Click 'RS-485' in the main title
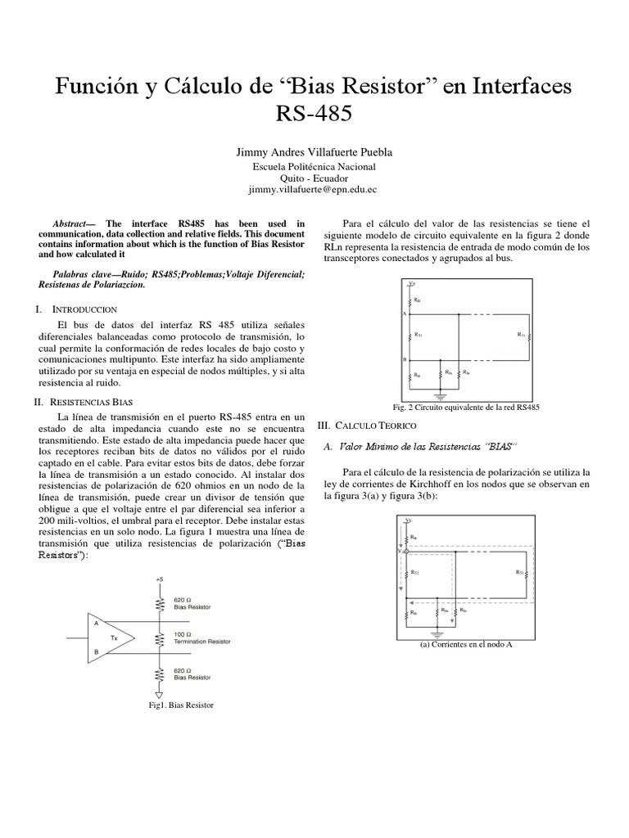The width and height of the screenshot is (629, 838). pos(314,112)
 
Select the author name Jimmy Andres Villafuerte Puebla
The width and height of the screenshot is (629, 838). pos(314,152)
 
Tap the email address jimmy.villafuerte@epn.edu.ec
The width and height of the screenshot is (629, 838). pos(314,189)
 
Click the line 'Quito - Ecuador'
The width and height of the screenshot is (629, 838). pos(314,178)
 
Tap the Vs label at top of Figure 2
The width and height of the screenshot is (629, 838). pos(411,283)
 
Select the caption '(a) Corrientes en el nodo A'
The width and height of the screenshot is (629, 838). pos(465,643)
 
